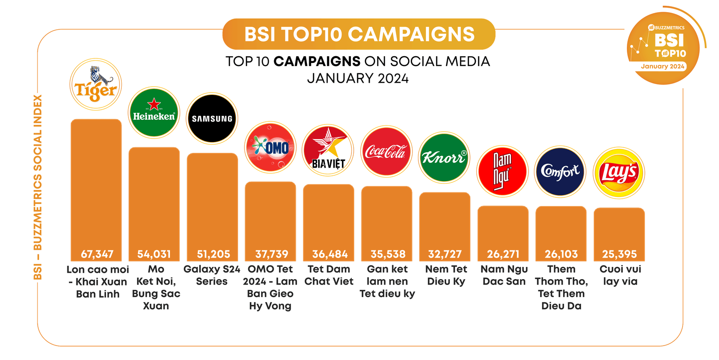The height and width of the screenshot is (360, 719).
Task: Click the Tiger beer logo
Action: (x=96, y=84)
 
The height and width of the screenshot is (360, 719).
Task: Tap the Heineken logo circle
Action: (x=154, y=112)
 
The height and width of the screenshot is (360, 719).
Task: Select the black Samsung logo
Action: (x=212, y=119)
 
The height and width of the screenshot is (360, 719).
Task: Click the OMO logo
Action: (x=270, y=147)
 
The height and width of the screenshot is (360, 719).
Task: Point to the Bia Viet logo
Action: (x=328, y=150)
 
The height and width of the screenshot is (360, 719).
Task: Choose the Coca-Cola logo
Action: (x=386, y=151)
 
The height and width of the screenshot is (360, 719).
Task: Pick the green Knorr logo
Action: (x=444, y=157)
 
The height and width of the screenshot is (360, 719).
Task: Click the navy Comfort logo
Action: (x=560, y=171)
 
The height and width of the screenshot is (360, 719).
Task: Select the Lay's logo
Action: (x=619, y=173)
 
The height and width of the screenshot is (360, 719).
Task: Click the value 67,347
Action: (x=97, y=254)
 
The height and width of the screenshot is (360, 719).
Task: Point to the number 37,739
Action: (x=271, y=254)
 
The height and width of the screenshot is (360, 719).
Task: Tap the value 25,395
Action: (x=619, y=254)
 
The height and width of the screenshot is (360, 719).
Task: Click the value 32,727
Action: (x=445, y=254)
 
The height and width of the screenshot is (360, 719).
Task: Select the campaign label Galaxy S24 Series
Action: (x=212, y=275)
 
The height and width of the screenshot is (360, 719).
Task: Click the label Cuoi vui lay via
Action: (x=620, y=275)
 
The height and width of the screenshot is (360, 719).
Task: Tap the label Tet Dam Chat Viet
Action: (x=329, y=275)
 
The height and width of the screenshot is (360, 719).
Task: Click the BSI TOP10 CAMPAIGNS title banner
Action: (x=359, y=34)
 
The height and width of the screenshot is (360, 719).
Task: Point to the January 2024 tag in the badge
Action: (x=663, y=67)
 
